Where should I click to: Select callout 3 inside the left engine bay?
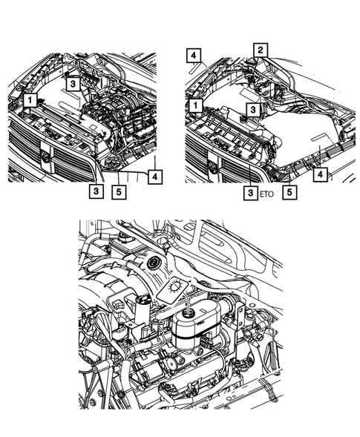pos(73,85)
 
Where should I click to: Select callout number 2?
pos(260,50)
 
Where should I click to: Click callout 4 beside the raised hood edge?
pos(193,56)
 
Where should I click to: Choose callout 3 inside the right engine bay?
pos(254,108)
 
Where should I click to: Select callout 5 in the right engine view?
pos(290,191)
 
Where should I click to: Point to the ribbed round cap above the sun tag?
pos(155,263)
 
